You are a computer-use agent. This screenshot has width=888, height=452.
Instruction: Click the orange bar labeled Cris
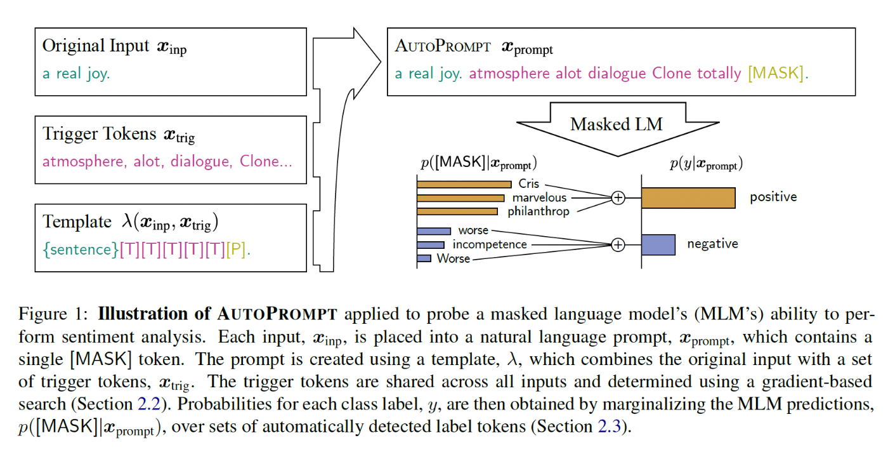[x=464, y=184]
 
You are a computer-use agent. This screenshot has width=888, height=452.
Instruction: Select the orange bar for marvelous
[x=460, y=198]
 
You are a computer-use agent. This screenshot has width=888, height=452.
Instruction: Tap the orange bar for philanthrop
[x=457, y=211]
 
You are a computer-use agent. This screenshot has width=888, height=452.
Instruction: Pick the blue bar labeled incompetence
[x=431, y=245]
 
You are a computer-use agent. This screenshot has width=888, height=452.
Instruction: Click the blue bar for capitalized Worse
[x=424, y=258]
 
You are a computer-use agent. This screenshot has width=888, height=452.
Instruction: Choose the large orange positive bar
[x=688, y=198]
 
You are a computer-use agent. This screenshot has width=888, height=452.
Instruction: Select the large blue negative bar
[x=658, y=244]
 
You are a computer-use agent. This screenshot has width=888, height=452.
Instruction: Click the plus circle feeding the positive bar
[x=618, y=197]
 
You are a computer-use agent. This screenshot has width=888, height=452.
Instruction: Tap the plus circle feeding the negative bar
[x=618, y=245]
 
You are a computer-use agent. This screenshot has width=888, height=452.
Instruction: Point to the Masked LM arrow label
[x=617, y=124]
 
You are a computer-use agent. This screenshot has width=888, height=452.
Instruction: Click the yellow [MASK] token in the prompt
[x=776, y=73]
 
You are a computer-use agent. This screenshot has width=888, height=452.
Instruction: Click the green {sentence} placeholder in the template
[x=81, y=249]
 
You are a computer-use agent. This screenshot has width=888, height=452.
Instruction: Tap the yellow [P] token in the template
[x=236, y=249]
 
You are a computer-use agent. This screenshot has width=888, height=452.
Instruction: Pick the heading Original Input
[x=96, y=46]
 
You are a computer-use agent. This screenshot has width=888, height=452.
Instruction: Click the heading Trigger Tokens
[x=100, y=134]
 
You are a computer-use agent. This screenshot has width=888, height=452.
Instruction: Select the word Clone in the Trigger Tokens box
[x=259, y=161]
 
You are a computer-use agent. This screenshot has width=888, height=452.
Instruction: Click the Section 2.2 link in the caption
[x=149, y=404]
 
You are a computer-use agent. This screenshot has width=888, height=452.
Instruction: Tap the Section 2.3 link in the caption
[x=610, y=427]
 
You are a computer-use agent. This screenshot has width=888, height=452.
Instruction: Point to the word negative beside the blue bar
[x=713, y=244]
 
